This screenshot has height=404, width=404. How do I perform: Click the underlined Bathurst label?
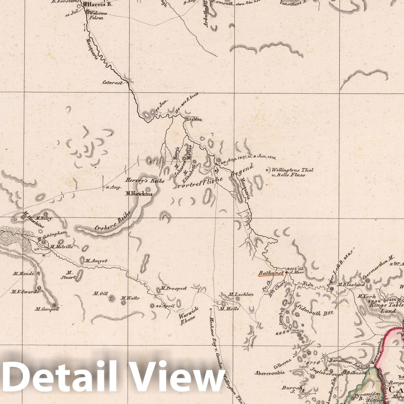[270, 273]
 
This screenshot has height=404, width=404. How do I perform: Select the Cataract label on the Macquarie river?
[113, 82]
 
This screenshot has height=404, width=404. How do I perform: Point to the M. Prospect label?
[174, 288]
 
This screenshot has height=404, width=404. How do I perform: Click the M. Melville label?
[61, 247]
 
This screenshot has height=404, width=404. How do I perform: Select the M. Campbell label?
[47, 309]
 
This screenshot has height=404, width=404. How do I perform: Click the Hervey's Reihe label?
[145, 181]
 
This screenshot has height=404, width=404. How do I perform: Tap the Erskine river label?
[194, 119]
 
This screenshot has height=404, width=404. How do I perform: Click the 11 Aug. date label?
[114, 187]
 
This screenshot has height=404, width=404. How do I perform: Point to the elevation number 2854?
[282, 333]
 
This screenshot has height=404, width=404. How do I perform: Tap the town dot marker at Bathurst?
[286, 273]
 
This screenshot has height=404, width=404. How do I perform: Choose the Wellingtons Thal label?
[292, 170]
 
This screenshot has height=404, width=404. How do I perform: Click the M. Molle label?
[229, 309]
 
